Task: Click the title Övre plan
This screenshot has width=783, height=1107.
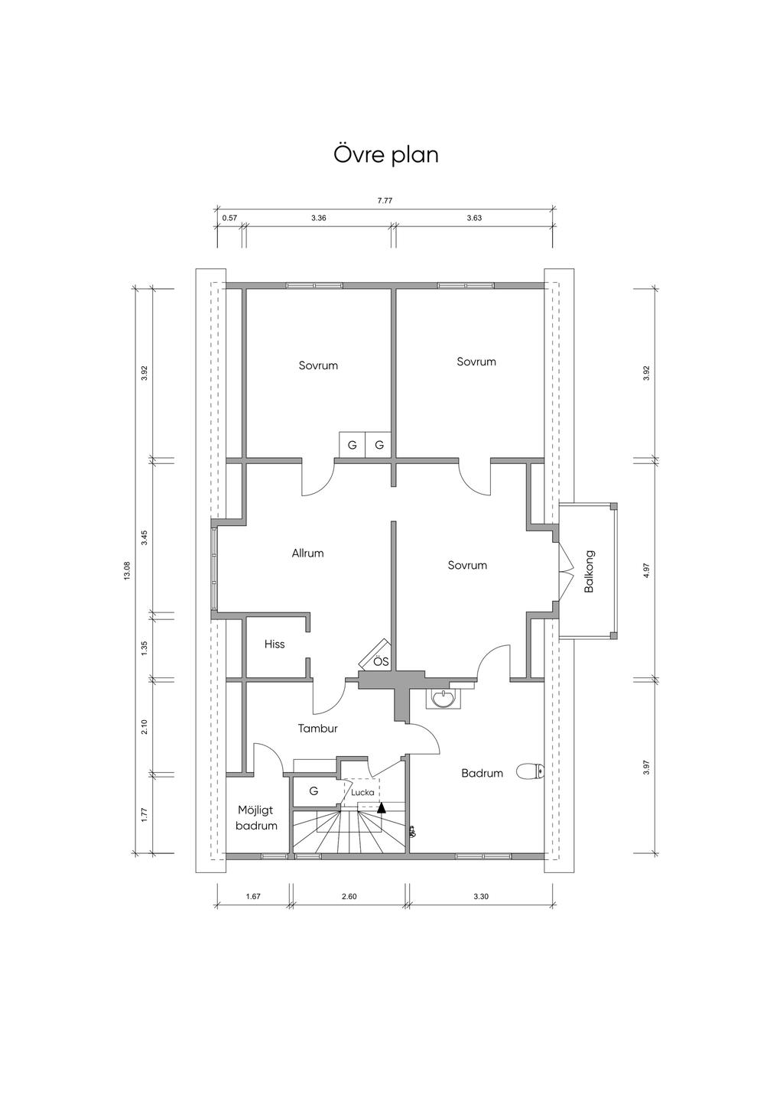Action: [x=386, y=154]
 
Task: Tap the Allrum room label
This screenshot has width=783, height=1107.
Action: [x=307, y=553]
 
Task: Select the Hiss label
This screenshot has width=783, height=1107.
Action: [x=275, y=644]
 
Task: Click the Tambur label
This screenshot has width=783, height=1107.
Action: [x=318, y=728]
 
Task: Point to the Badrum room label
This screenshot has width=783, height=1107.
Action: [x=482, y=773]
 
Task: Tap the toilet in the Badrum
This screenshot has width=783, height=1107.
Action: [x=531, y=771]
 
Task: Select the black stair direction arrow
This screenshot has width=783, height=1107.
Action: [x=381, y=808]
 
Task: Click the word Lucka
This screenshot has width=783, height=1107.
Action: [x=363, y=792]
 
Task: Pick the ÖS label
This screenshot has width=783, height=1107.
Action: [x=381, y=661]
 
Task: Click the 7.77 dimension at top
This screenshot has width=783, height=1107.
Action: [x=385, y=200]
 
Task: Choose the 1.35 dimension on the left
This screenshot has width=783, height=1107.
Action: [x=145, y=648]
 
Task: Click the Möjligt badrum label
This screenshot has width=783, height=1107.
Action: [x=256, y=818]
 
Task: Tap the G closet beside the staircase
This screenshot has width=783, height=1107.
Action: [x=314, y=791]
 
